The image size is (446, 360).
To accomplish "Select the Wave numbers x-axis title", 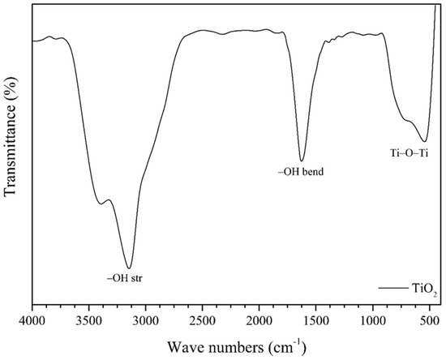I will click(237, 347).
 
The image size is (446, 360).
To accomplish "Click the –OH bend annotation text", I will click(302, 172).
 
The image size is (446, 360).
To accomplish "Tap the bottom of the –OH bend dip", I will click(302, 161).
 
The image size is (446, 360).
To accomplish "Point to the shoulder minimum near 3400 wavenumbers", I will click(100, 204).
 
